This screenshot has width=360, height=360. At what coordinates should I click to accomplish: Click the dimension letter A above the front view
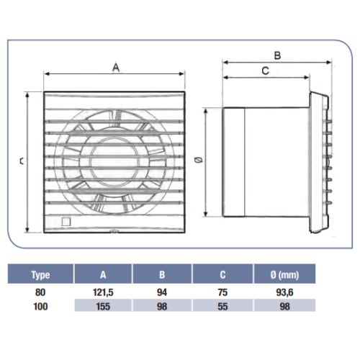116,68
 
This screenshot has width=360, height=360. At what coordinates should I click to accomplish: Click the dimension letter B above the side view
277,55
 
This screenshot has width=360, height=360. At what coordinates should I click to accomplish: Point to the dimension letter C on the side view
265,71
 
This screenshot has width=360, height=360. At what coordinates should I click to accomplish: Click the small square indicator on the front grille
66,222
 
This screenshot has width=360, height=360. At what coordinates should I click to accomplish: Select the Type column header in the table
40,274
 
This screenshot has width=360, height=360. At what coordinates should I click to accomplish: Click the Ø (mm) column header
284,274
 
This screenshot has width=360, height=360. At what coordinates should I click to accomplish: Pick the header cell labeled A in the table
103,274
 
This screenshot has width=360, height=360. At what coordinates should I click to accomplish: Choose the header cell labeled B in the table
162,274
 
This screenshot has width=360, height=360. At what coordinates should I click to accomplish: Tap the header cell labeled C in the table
222,274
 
